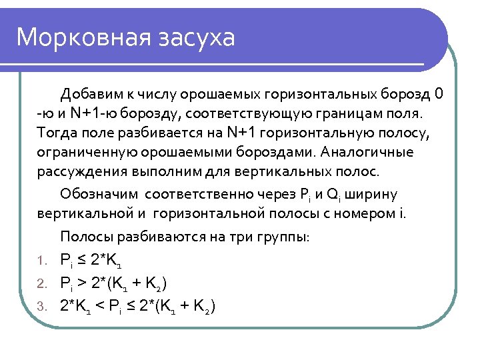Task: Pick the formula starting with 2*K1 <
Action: [x=137, y=307]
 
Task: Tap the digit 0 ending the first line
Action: [x=437, y=92]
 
